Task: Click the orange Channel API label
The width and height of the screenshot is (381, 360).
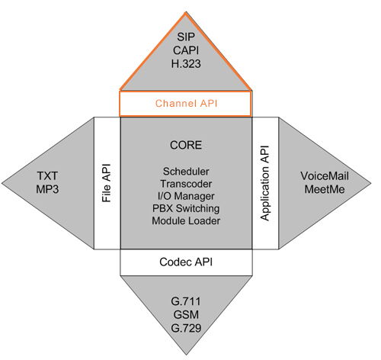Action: point(186,104)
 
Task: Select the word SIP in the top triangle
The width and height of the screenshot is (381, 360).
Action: point(186,37)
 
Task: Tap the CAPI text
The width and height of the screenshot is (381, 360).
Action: point(186,50)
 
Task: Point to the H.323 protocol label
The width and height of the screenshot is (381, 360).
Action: point(186,63)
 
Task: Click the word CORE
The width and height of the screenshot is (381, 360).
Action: point(186,145)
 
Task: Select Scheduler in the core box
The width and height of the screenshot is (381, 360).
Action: point(186,172)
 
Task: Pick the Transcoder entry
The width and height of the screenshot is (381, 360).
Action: point(186,184)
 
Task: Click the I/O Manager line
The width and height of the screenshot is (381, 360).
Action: point(186,196)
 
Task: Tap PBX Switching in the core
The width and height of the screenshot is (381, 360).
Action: point(186,208)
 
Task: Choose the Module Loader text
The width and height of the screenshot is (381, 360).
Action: point(186,220)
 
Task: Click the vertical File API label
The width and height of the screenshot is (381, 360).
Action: point(107,183)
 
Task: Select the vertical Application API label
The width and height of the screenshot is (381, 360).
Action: point(264,183)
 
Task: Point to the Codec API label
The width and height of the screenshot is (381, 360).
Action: point(186,262)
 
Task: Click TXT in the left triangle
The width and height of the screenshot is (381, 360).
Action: point(47,176)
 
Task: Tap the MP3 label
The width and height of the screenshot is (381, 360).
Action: point(47,189)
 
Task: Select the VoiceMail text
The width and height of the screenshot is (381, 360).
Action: point(325,176)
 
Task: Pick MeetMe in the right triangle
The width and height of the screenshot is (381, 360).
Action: point(325,189)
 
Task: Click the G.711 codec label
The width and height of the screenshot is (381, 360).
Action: point(186,301)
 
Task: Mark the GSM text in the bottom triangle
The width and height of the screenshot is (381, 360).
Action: point(186,315)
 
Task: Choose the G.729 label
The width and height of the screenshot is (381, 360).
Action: point(186,328)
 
